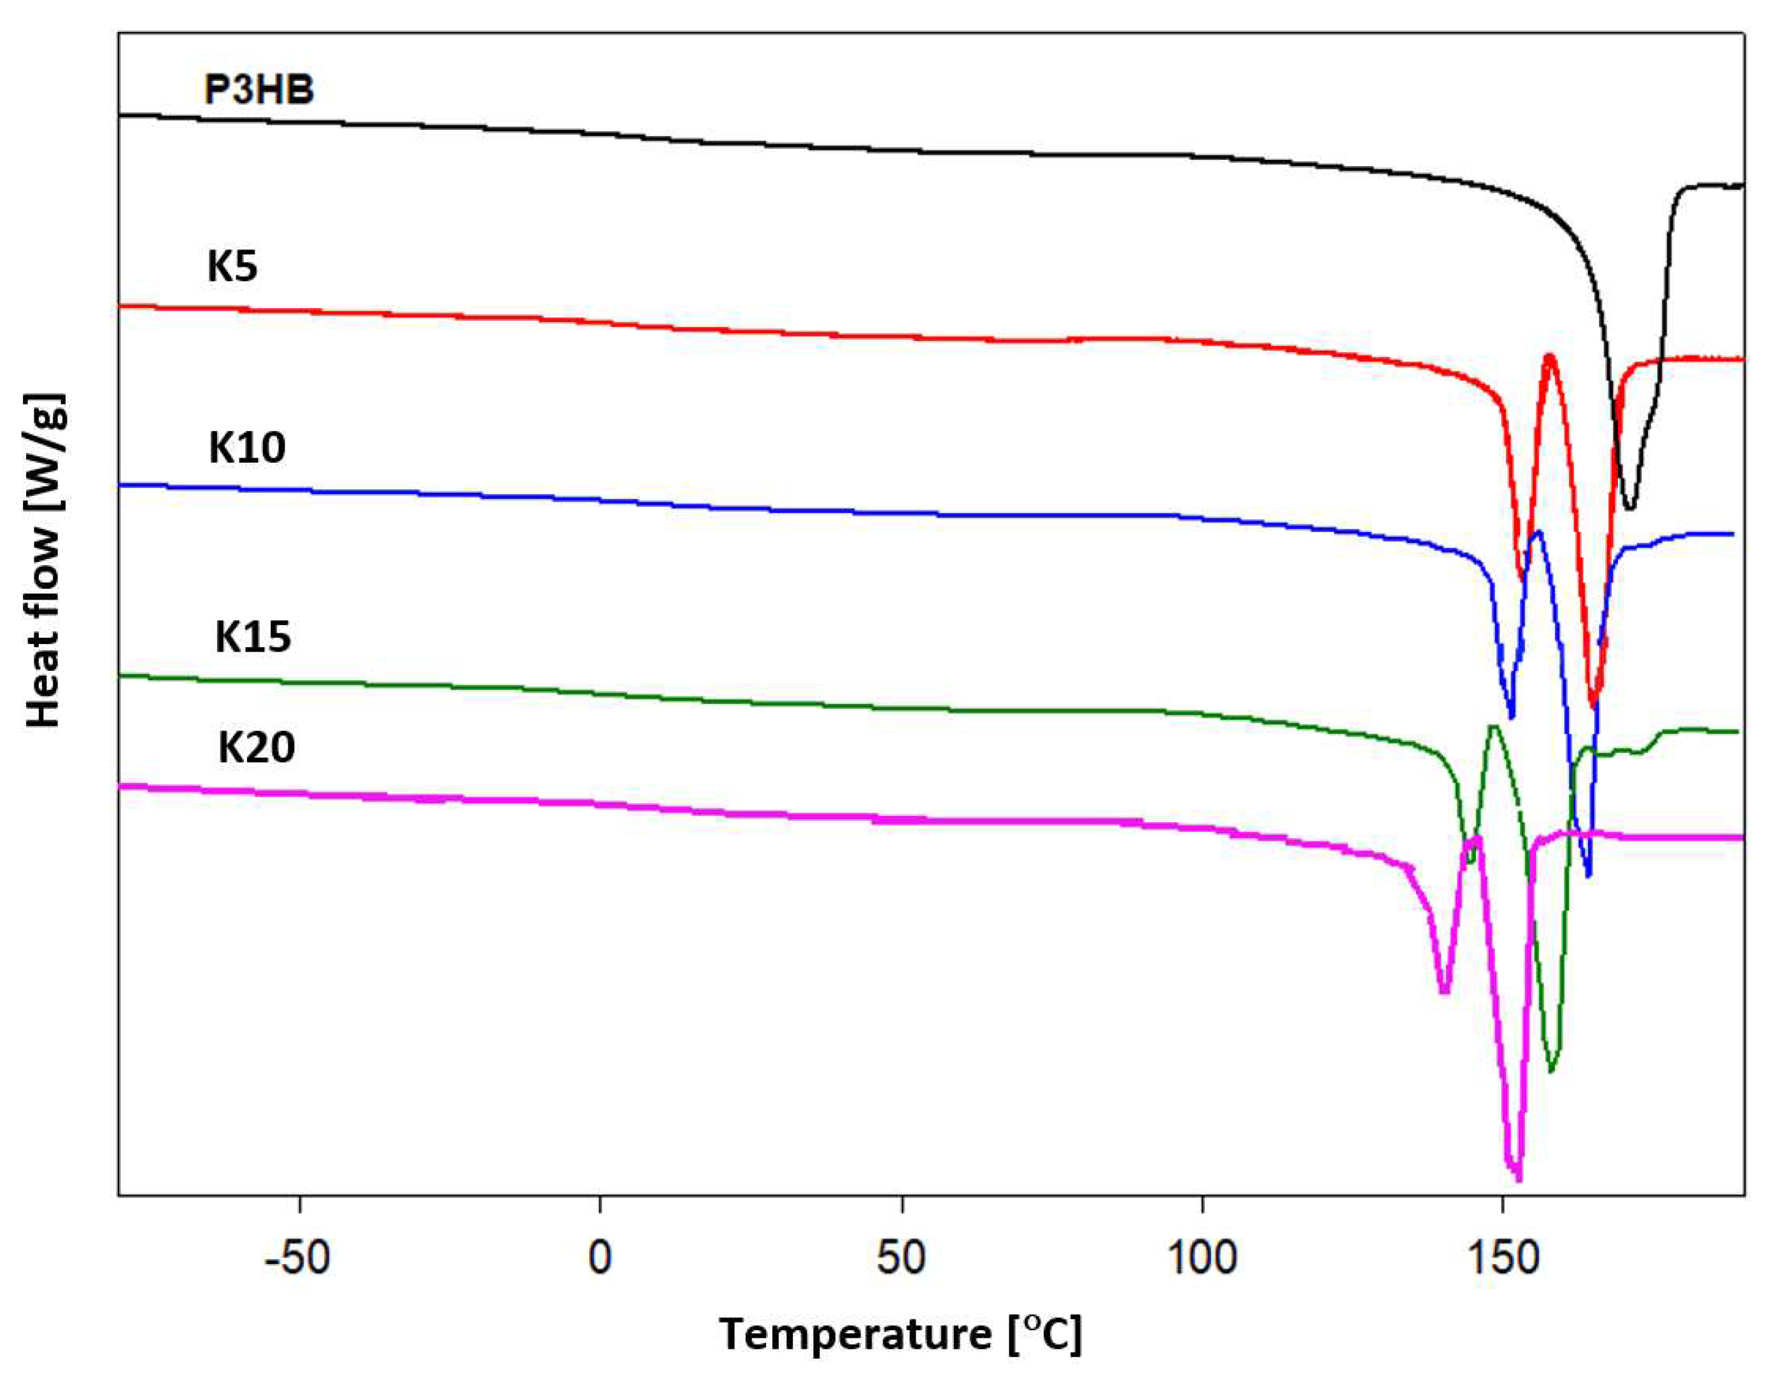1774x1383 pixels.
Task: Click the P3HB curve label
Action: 259,89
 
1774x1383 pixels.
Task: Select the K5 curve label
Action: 232,267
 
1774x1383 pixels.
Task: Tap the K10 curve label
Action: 247,447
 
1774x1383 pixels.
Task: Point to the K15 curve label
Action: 253,638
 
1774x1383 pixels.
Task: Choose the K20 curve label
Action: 256,747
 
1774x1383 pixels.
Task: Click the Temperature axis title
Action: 900,1334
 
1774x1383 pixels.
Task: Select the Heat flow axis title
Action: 45,560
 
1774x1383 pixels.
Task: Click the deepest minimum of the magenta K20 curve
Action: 1517,1180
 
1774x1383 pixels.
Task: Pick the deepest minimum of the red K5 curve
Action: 1594,704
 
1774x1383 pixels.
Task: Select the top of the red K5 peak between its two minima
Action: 1550,356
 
